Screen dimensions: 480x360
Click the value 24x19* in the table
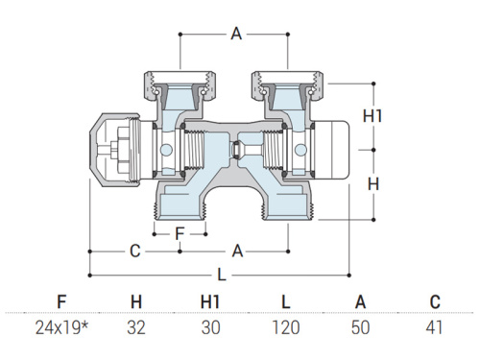(x=61, y=327)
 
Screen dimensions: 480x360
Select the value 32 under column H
(x=136, y=327)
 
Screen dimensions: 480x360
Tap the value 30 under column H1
(x=211, y=327)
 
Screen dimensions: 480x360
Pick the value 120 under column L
(x=286, y=327)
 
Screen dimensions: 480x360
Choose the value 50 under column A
(x=361, y=327)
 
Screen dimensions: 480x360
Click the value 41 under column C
(x=435, y=327)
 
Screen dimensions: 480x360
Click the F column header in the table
(x=61, y=301)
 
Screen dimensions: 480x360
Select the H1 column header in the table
(x=210, y=301)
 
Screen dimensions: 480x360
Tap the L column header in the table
(x=286, y=301)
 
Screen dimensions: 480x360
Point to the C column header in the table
(x=435, y=301)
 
